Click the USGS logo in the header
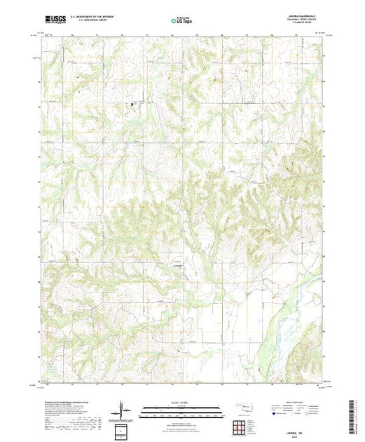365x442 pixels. click(55, 22)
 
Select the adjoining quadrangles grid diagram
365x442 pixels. click(242, 424)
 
